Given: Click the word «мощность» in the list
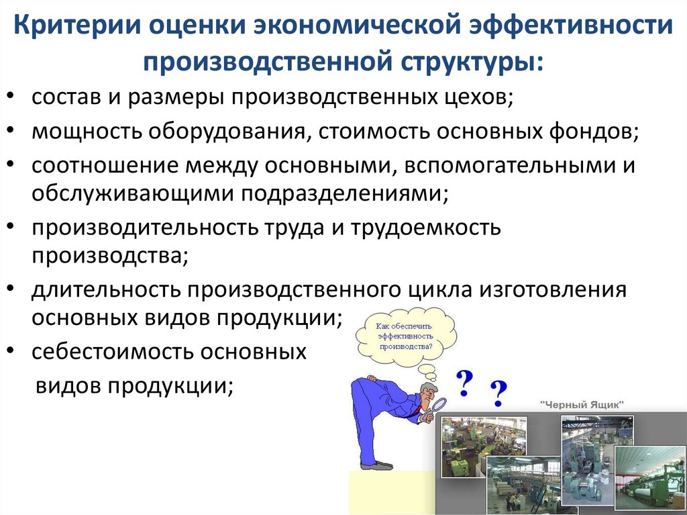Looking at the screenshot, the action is [87, 132].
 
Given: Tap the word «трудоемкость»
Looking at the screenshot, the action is [425, 228].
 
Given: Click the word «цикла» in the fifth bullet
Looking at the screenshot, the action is [440, 290].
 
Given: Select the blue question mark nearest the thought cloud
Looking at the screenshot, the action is [465, 383].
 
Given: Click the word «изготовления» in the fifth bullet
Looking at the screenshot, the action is [552, 290].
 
